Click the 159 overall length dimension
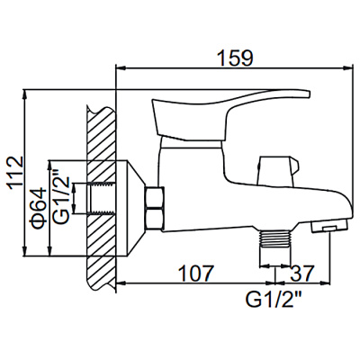238,56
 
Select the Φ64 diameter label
40,205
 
